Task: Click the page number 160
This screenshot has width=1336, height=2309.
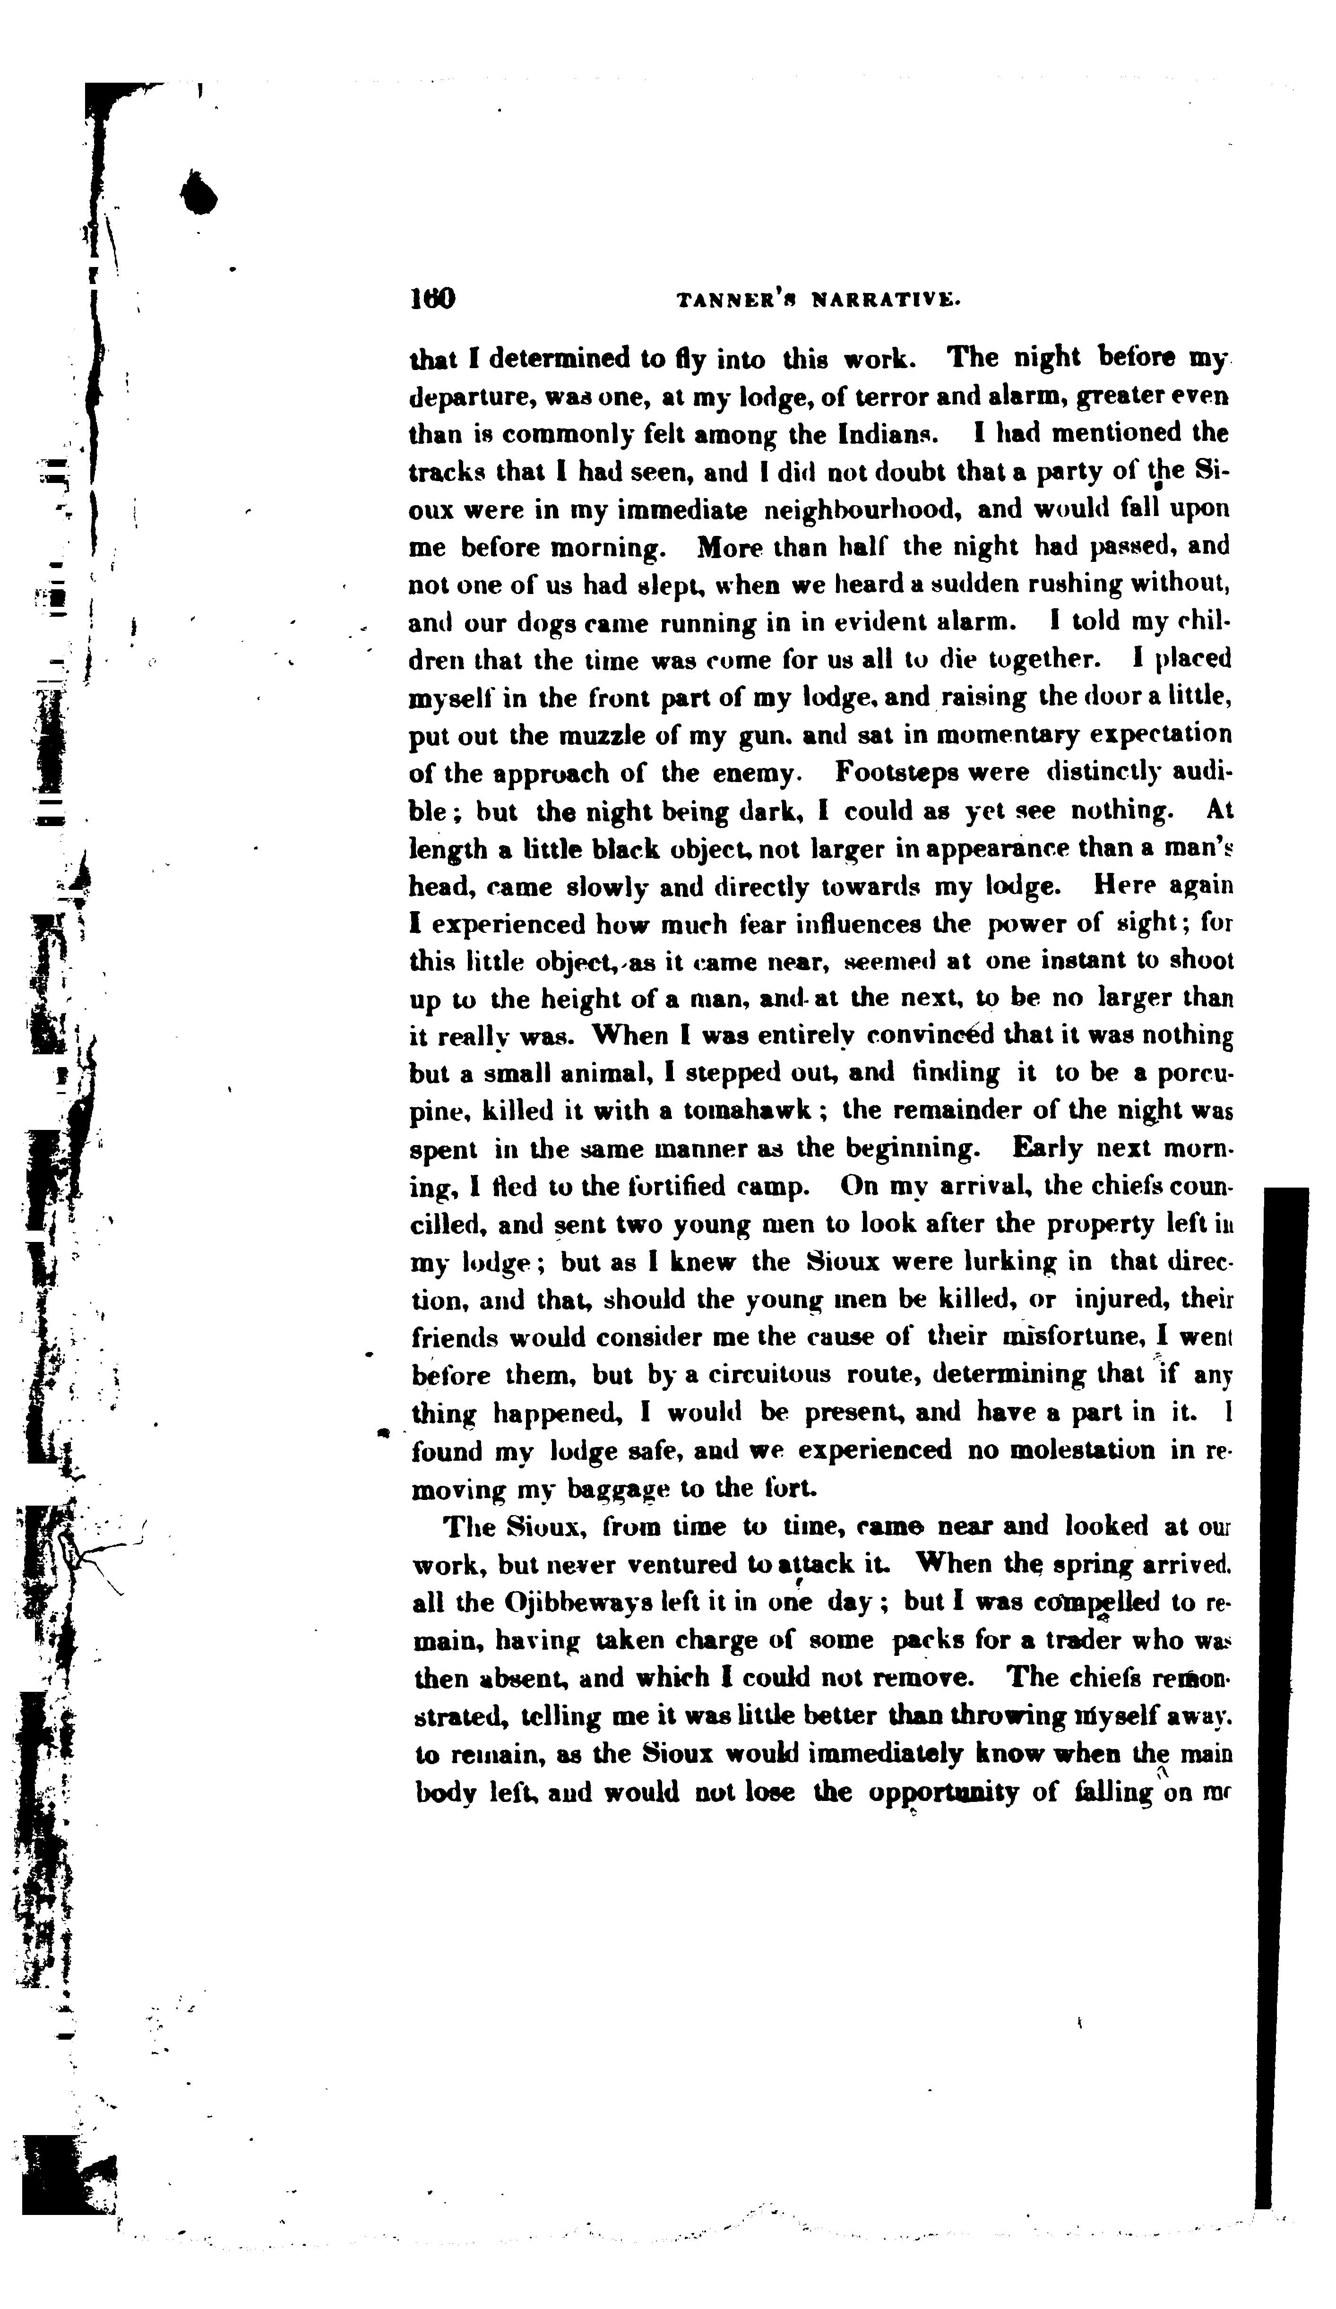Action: (x=432, y=300)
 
